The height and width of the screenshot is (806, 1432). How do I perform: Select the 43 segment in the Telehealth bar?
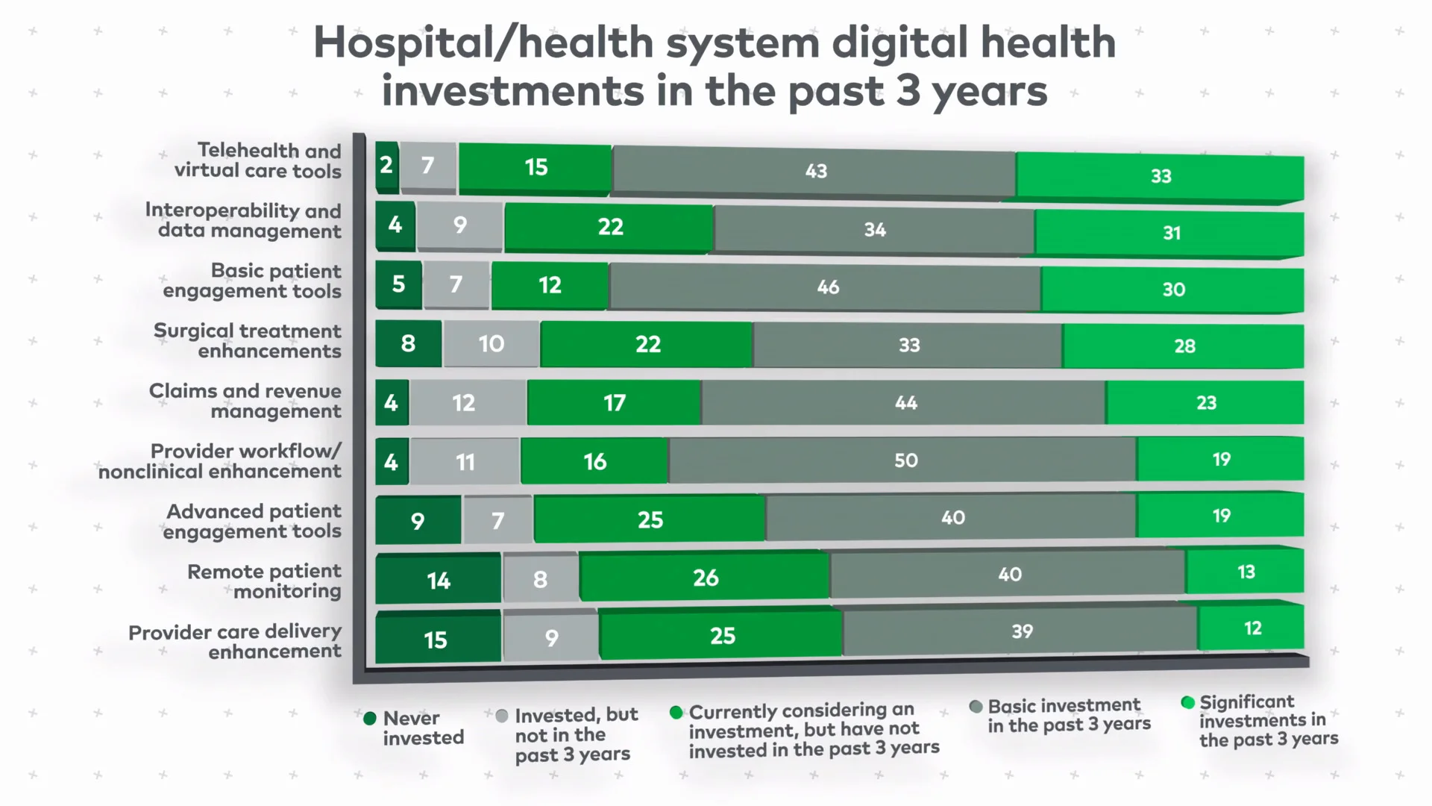coord(814,171)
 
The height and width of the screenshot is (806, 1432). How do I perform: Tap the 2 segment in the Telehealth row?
coord(386,165)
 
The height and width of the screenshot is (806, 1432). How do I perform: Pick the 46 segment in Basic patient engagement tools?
coord(826,287)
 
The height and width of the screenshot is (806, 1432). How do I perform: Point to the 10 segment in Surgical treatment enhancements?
coord(491,344)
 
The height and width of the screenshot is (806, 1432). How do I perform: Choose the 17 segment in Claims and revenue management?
coord(614,403)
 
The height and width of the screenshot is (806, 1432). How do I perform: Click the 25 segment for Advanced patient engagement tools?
coord(650,519)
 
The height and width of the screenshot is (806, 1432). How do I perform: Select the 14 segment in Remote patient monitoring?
coord(438,580)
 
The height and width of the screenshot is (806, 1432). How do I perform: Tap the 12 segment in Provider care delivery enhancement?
coord(1252,628)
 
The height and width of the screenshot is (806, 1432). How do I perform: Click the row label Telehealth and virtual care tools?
coord(258,160)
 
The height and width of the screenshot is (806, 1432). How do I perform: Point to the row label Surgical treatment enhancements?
coord(248,340)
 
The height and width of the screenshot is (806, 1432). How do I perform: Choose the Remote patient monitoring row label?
coord(265,581)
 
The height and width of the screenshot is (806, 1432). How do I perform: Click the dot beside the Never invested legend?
coord(370,719)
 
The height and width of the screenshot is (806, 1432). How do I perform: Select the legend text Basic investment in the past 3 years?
coord(1069,715)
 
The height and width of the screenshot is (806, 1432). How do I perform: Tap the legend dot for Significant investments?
coord(1188,702)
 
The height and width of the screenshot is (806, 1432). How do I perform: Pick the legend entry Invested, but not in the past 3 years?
coord(576,735)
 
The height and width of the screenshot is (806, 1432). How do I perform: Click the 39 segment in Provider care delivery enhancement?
coord(1021,631)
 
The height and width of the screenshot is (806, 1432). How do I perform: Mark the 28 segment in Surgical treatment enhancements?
coord(1184,346)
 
